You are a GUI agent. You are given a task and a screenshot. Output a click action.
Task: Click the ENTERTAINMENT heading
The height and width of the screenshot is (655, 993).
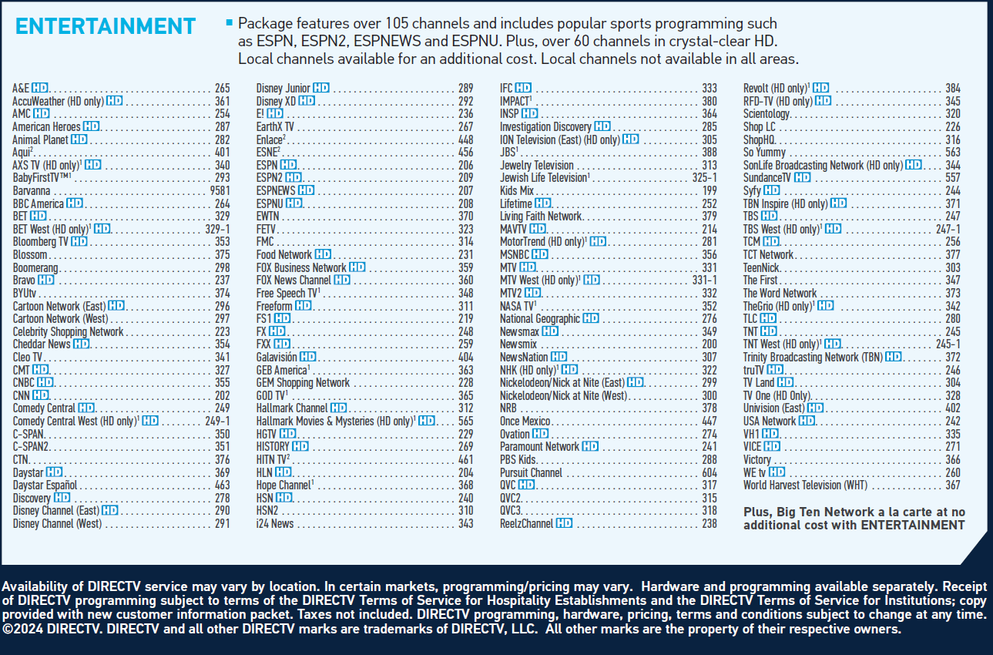pyautogui.click(x=106, y=26)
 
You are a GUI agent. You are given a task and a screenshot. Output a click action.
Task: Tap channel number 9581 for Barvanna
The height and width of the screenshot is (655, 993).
pyautogui.click(x=219, y=191)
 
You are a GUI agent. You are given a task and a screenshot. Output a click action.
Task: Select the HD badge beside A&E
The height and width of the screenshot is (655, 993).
pyautogui.click(x=40, y=89)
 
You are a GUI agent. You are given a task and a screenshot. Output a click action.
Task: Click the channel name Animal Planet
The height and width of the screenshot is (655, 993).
pyautogui.click(x=40, y=139)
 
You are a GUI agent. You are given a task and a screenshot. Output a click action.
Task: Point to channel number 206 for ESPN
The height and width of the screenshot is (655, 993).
pyautogui.click(x=465, y=166)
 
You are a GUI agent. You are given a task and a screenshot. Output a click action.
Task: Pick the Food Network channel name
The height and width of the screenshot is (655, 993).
pyautogui.click(x=284, y=255)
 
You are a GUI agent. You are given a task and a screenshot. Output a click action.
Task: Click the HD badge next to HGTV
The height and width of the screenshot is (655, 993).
pyautogui.click(x=287, y=435)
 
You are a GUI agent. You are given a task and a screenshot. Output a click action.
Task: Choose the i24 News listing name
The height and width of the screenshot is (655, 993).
pyautogui.click(x=274, y=524)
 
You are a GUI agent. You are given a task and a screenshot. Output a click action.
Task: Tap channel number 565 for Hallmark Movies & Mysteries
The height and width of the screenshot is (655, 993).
pyautogui.click(x=465, y=422)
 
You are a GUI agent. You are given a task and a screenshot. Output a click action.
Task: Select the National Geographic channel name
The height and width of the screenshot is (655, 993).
pyautogui.click(x=539, y=319)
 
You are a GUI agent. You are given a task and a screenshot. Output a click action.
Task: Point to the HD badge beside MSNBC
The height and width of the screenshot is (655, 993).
pyautogui.click(x=539, y=255)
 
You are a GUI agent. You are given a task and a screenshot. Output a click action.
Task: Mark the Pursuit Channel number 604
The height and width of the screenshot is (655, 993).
pyautogui.click(x=709, y=473)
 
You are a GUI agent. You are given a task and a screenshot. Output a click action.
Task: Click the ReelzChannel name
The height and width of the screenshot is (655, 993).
pyautogui.click(x=526, y=524)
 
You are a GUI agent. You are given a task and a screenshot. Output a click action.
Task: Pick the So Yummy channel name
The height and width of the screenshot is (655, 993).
pyautogui.click(x=764, y=153)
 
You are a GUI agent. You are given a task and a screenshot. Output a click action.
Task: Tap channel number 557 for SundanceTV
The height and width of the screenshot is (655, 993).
pyautogui.click(x=953, y=178)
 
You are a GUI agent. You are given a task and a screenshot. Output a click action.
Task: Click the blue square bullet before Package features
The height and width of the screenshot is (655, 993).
pyautogui.click(x=229, y=22)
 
